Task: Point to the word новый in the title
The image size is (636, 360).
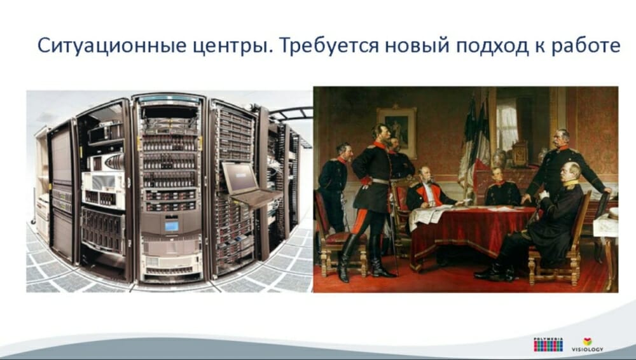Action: tap(417, 45)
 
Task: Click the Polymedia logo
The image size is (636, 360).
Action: tap(548, 345)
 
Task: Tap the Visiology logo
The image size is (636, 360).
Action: tap(587, 345)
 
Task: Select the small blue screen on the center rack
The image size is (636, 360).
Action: tap(171, 226)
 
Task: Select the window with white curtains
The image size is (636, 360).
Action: tap(508, 126)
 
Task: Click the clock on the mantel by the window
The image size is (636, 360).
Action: tap(520, 153)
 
